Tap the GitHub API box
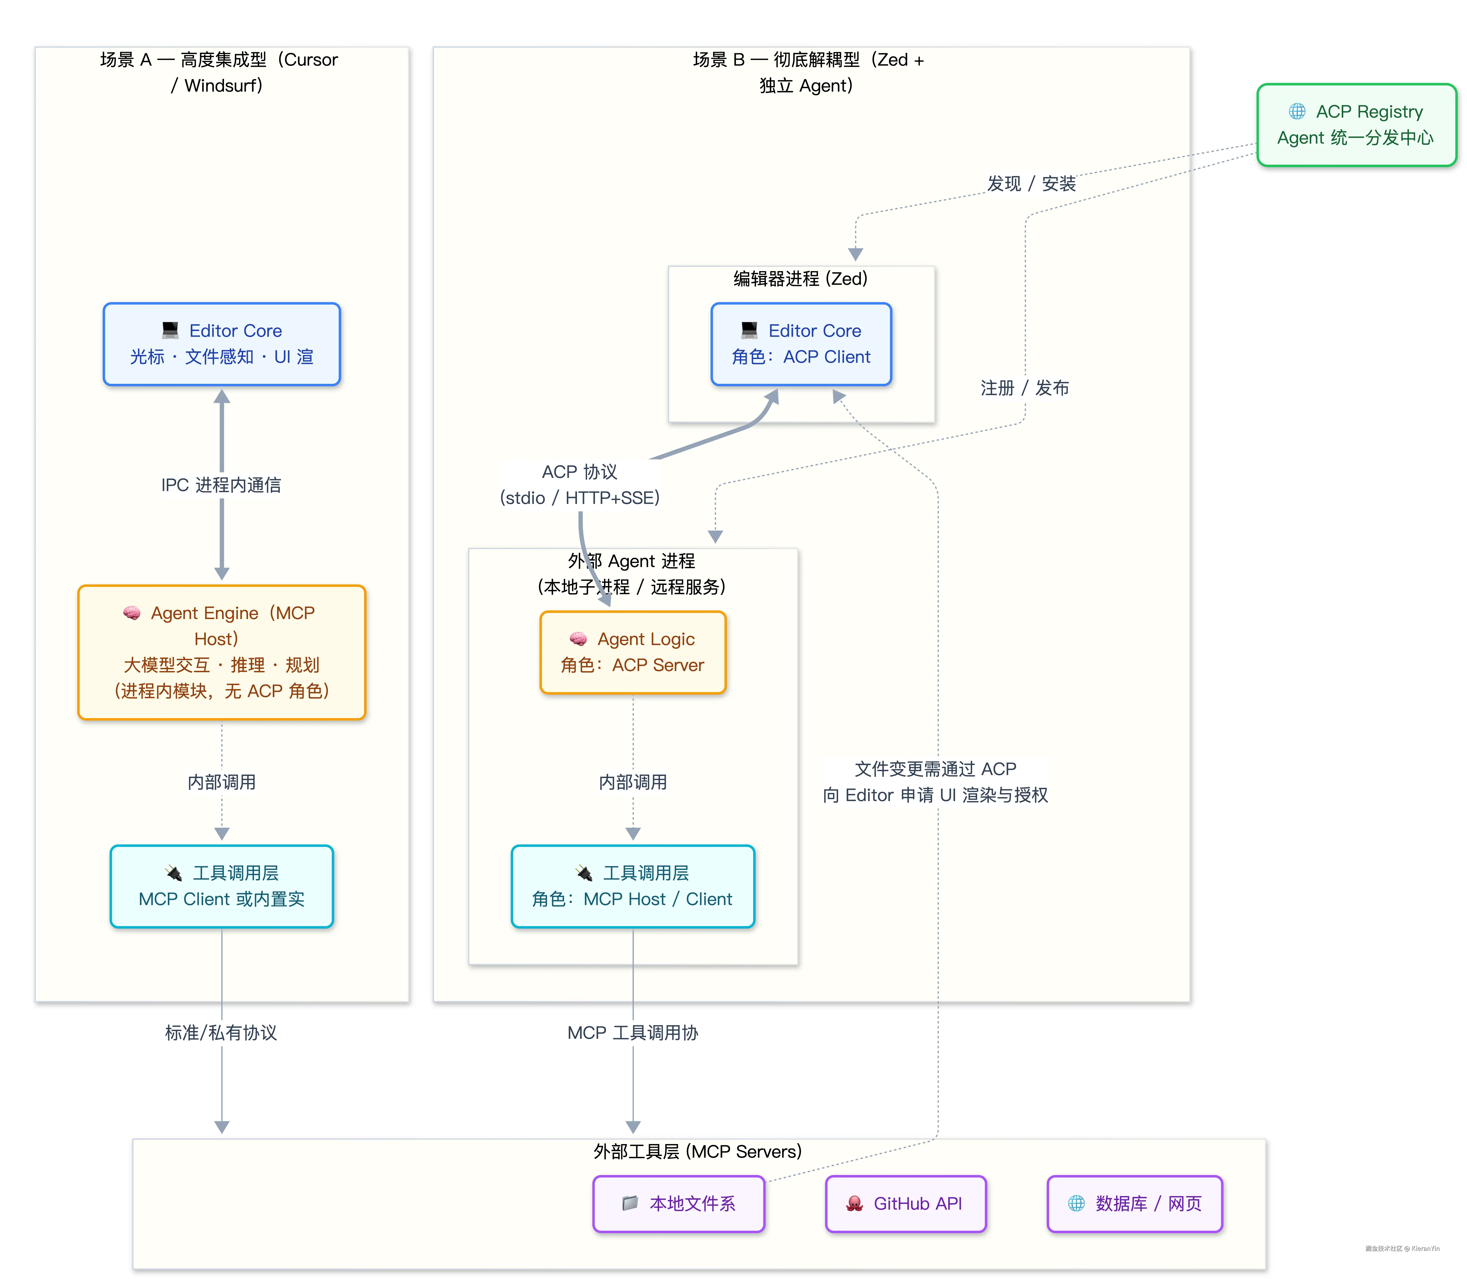[905, 1203]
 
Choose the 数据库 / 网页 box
[1135, 1203]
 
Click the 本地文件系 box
[679, 1203]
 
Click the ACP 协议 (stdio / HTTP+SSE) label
[579, 485]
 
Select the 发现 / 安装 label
[1031, 183]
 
